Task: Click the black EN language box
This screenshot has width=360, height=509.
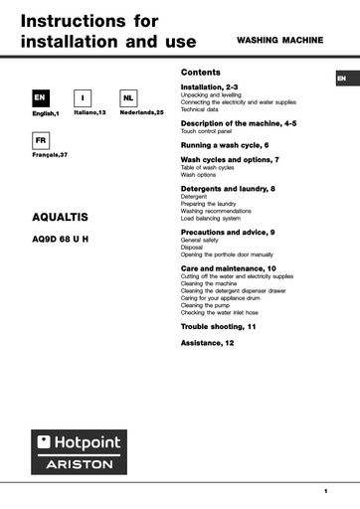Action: (x=40, y=98)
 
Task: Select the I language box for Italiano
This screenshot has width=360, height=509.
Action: (x=84, y=98)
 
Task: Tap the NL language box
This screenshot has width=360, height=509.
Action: (x=128, y=98)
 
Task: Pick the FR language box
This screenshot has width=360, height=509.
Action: (x=40, y=141)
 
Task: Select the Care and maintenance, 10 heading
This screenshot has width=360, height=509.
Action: (x=229, y=268)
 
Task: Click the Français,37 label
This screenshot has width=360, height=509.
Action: (x=50, y=156)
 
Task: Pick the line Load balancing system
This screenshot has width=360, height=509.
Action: (x=211, y=218)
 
